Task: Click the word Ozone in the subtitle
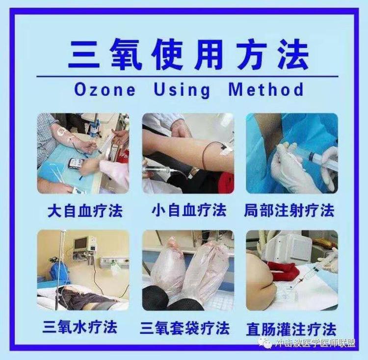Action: pyautogui.click(x=105, y=89)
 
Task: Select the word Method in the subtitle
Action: pyautogui.click(x=266, y=89)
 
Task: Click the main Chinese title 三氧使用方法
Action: pyautogui.click(x=188, y=55)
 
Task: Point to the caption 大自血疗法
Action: pyautogui.click(x=85, y=211)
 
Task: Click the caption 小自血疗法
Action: pyautogui.click(x=189, y=210)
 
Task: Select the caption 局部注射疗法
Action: pyautogui.click(x=289, y=210)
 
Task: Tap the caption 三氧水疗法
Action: pyautogui.click(x=80, y=327)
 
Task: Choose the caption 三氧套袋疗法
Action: pyautogui.click(x=184, y=328)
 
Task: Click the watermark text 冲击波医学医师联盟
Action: pyautogui.click(x=315, y=343)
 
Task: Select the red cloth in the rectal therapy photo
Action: pyautogui.click(x=284, y=270)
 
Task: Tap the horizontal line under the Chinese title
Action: pyautogui.click(x=187, y=76)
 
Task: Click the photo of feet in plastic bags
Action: pyautogui.click(x=188, y=270)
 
